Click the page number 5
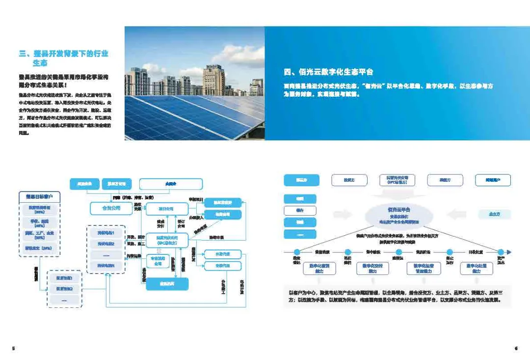[x=13, y=348]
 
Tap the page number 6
[x=516, y=348]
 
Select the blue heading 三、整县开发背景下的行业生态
[x=63, y=58]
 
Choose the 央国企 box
[x=171, y=184]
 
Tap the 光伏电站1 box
[x=106, y=232]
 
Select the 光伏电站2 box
[x=106, y=244]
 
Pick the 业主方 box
[x=494, y=214]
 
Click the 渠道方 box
[x=445, y=180]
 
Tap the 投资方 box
[x=349, y=180]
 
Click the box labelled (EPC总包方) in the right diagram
[x=397, y=180]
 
